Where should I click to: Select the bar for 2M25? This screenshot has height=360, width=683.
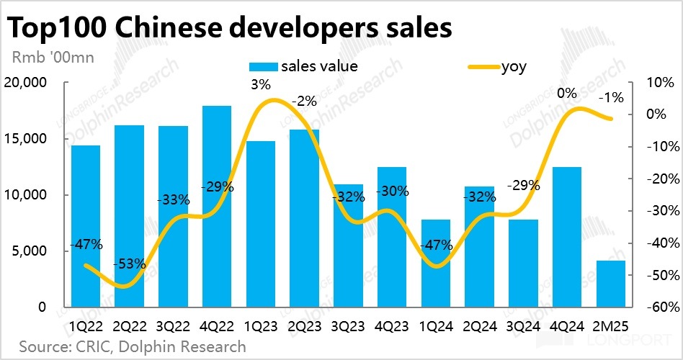coord(610,284)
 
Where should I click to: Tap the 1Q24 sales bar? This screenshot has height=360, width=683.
coord(435,264)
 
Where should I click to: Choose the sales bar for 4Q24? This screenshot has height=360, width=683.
coord(566,237)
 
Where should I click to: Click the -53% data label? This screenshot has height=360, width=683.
coord(130,264)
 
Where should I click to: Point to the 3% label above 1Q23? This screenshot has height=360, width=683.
coord(261,85)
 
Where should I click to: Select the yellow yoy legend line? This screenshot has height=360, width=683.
coord(484,67)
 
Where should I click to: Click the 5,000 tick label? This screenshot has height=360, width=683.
coord(30,251)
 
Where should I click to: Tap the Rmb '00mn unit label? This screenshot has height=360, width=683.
coord(53,56)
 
